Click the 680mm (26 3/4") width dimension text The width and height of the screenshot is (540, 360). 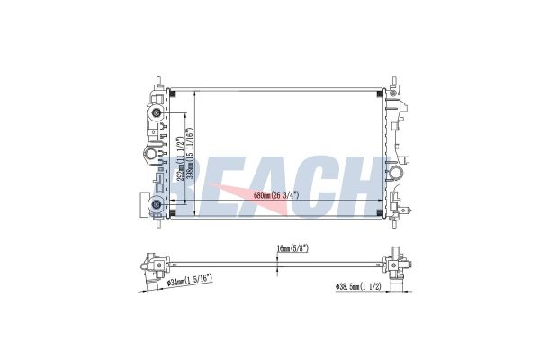pyautogui.click(x=269, y=195)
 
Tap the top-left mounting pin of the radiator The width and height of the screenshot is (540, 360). pyautogui.click(x=158, y=80)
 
